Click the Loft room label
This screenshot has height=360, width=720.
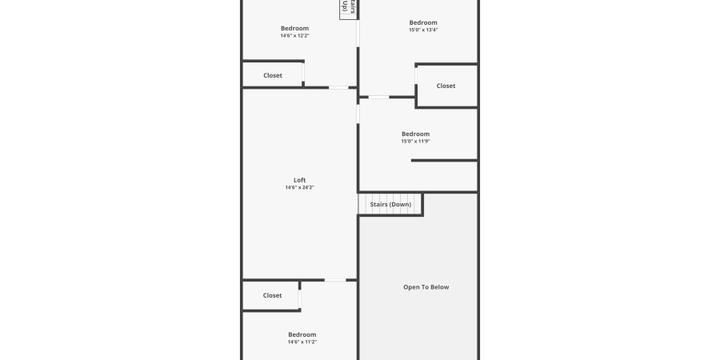click(x=299, y=180)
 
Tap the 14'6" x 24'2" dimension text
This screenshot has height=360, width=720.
click(x=299, y=188)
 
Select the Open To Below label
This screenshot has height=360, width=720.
click(x=426, y=287)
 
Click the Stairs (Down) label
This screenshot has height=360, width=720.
click(x=390, y=205)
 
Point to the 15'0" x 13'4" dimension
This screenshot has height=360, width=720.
click(x=423, y=30)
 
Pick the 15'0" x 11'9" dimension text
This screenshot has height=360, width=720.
click(x=415, y=142)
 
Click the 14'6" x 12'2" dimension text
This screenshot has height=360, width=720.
click(x=294, y=36)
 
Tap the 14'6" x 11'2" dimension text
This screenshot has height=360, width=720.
click(x=302, y=342)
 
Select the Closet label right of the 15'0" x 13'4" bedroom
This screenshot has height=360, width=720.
click(x=446, y=86)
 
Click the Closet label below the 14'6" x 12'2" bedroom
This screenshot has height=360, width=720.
click(x=273, y=76)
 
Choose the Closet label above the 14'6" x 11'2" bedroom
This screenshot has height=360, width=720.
click(x=273, y=295)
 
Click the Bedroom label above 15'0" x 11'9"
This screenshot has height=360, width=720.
click(x=415, y=134)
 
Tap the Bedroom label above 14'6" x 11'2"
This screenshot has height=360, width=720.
click(x=302, y=334)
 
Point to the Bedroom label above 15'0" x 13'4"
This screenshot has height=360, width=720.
click(x=423, y=22)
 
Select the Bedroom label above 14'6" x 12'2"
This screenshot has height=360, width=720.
click(x=294, y=28)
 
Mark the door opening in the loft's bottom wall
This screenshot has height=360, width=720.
click(x=335, y=280)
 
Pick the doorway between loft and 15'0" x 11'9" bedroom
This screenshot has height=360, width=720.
click(x=358, y=114)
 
